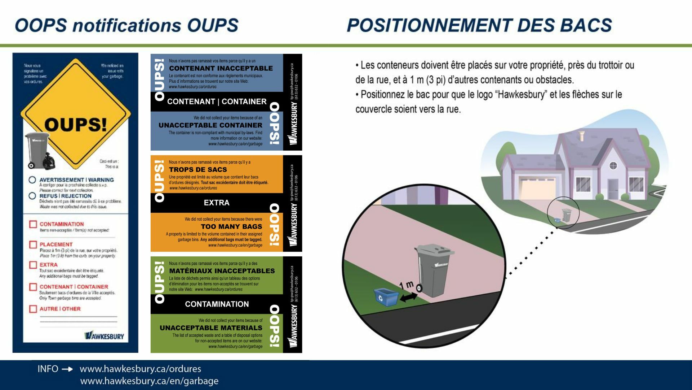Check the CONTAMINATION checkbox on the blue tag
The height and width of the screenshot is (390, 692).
tap(33, 224)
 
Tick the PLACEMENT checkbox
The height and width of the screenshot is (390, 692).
tap(33, 244)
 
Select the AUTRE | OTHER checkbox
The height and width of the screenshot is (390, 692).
tap(33, 309)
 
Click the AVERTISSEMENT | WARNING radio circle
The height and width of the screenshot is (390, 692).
tap(32, 180)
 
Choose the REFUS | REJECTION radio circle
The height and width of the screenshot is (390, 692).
tap(32, 196)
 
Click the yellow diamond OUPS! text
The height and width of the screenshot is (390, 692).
tap(76, 125)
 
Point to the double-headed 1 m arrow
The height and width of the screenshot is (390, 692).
tap(408, 297)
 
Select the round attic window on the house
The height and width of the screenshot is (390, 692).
tap(613, 166)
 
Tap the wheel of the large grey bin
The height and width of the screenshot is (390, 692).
tap(419, 288)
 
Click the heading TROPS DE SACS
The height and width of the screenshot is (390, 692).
tap(198, 169)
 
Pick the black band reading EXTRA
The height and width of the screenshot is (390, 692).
tap(216, 203)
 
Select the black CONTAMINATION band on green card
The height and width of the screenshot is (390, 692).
tap(217, 304)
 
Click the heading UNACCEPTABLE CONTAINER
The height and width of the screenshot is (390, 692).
tap(210, 125)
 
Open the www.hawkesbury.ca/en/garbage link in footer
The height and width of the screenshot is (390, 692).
tap(149, 381)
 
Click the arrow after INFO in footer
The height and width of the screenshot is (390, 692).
tap(67, 369)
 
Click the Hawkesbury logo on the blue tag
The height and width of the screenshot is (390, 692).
tap(104, 336)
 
